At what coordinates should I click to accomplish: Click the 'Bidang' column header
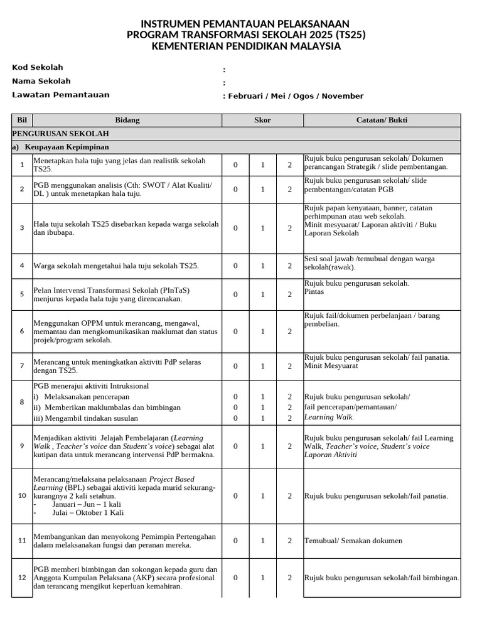pos(127,120)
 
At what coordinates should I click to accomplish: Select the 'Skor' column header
pos(262,120)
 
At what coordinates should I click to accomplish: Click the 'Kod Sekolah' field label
pos(38,68)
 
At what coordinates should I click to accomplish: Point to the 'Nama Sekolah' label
pos(41,81)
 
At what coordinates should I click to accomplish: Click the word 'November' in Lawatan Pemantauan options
pos(343,96)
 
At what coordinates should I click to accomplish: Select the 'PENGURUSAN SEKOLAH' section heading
pos(61,134)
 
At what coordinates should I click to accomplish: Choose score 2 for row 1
pos(290,165)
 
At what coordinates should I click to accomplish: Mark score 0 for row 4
pos(236,266)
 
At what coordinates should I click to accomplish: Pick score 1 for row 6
pos(263,332)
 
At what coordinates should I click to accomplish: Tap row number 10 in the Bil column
pos(22,495)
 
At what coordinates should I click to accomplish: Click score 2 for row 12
pos(290,578)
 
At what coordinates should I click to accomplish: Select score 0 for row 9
pos(236,446)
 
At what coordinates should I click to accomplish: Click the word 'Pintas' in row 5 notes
pos(314,292)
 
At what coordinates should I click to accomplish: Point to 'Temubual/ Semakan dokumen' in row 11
pos(353,541)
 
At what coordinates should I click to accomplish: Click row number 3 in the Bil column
pos(22,228)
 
